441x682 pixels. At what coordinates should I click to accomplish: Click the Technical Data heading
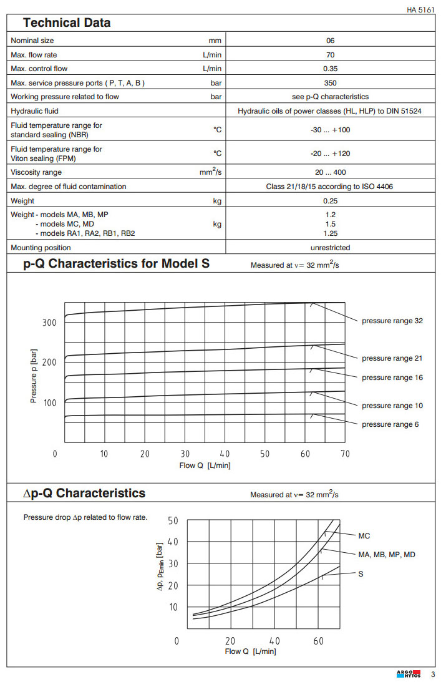pyautogui.click(x=67, y=23)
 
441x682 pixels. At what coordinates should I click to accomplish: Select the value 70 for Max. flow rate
pyautogui.click(x=331, y=55)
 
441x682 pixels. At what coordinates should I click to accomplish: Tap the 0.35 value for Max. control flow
pyautogui.click(x=331, y=69)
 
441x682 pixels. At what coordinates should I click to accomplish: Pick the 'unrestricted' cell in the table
pyautogui.click(x=331, y=248)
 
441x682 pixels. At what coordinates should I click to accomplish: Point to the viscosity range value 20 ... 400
pyautogui.click(x=331, y=172)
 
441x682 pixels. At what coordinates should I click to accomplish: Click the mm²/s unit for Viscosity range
pyautogui.click(x=211, y=172)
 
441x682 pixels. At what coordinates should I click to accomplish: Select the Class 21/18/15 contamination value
pyautogui.click(x=331, y=187)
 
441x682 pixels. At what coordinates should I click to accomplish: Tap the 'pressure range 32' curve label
pyautogui.click(x=392, y=321)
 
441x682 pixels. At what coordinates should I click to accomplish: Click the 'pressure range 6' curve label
pyautogui.click(x=390, y=424)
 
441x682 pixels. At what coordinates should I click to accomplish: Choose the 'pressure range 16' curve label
pyautogui.click(x=392, y=378)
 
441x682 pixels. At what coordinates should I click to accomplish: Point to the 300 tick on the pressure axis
pyautogui.click(x=49, y=323)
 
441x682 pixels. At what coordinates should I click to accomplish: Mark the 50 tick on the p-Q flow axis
pyautogui.click(x=265, y=454)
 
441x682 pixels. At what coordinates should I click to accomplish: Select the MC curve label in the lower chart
pyautogui.click(x=364, y=536)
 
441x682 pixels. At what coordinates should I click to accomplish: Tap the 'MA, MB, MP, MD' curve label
pyautogui.click(x=387, y=555)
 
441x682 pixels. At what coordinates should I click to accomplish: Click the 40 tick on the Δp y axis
pyautogui.click(x=173, y=542)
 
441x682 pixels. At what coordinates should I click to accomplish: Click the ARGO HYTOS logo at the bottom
pyautogui.click(x=409, y=673)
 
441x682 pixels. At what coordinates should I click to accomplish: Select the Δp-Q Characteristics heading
pyautogui.click(x=84, y=494)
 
